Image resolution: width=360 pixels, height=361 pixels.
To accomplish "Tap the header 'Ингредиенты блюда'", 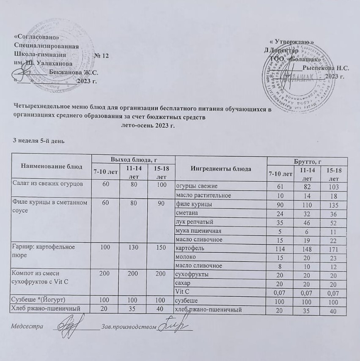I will [x=221, y=169].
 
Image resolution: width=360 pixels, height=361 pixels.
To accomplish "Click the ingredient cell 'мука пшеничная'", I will [x=195, y=231].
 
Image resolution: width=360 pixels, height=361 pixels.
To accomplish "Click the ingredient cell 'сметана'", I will [x=187, y=213].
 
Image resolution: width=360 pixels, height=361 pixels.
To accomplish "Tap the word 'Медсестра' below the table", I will [x=27, y=327].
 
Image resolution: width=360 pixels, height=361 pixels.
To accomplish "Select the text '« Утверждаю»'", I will [x=291, y=42].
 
